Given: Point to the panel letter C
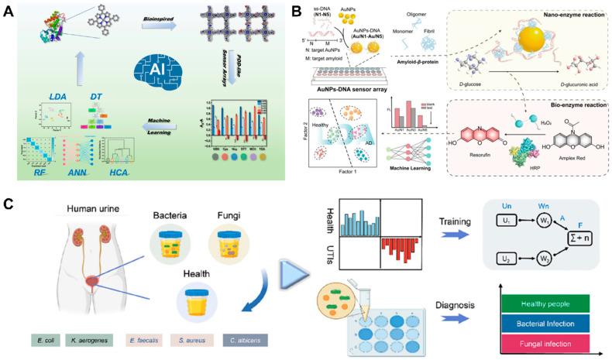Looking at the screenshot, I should [x=9, y=204].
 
